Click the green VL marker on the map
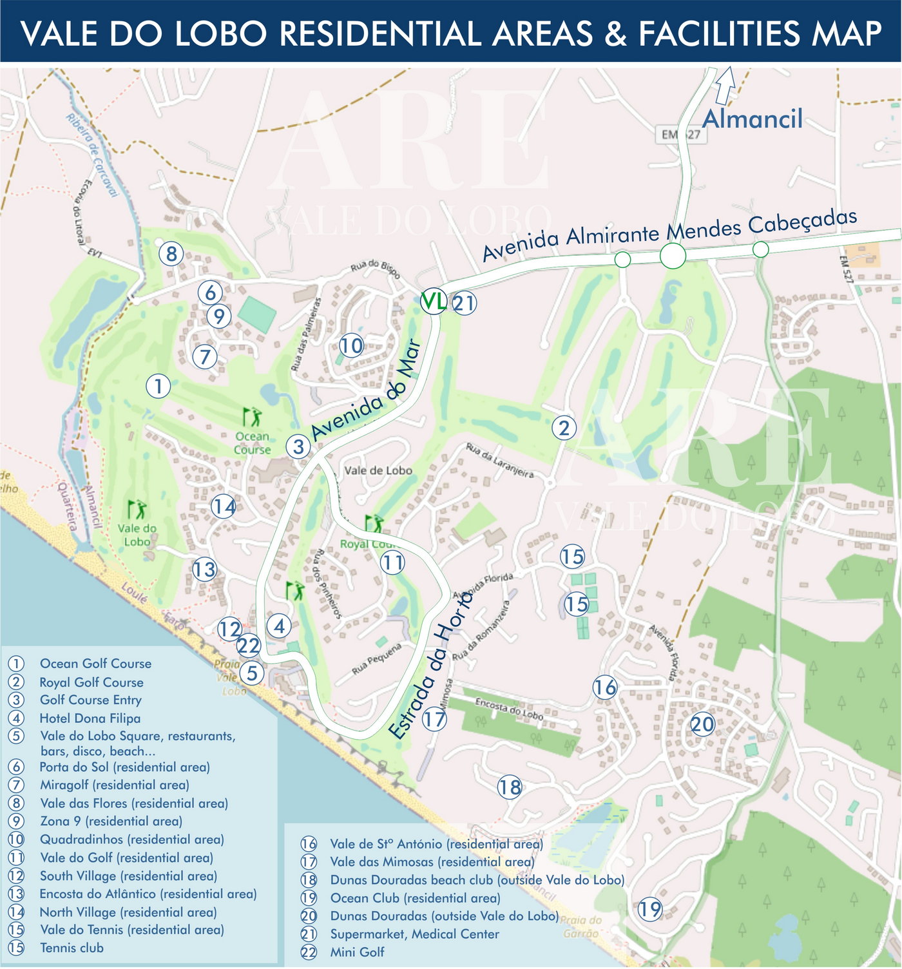click(x=433, y=302)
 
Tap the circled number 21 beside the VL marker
click(x=464, y=303)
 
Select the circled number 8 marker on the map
click(x=171, y=254)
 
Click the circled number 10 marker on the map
click(x=352, y=346)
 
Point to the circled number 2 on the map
click(x=564, y=428)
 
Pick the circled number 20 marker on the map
click(x=702, y=724)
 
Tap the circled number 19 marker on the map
click(x=650, y=909)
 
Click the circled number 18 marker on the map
click(x=510, y=787)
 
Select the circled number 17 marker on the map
click(x=434, y=718)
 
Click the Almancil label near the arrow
click(x=752, y=119)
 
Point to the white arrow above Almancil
click(x=725, y=86)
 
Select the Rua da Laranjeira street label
click(x=500, y=461)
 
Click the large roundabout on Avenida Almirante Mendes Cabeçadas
click(x=673, y=256)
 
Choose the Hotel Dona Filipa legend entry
click(x=90, y=718)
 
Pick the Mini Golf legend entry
click(x=357, y=952)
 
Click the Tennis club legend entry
click(x=72, y=948)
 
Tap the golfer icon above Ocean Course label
click(x=252, y=417)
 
